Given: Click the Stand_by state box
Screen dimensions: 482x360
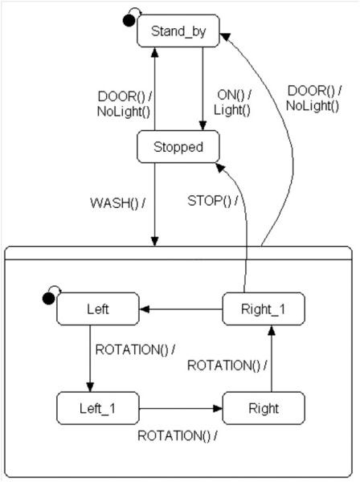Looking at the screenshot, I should (x=178, y=32).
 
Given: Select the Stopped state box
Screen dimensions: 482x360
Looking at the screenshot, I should (x=178, y=147).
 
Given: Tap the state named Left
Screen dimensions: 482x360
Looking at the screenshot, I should (x=98, y=308).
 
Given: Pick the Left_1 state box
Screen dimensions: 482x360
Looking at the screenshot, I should (x=98, y=408).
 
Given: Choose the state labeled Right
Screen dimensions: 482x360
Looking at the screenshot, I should (x=264, y=408).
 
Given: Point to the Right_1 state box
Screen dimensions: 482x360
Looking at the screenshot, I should (x=264, y=308).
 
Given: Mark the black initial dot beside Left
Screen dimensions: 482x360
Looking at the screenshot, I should (x=49, y=299).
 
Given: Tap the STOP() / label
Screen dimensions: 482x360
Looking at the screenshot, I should (x=211, y=200).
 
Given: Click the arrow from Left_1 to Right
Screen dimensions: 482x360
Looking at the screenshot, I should (x=180, y=408).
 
